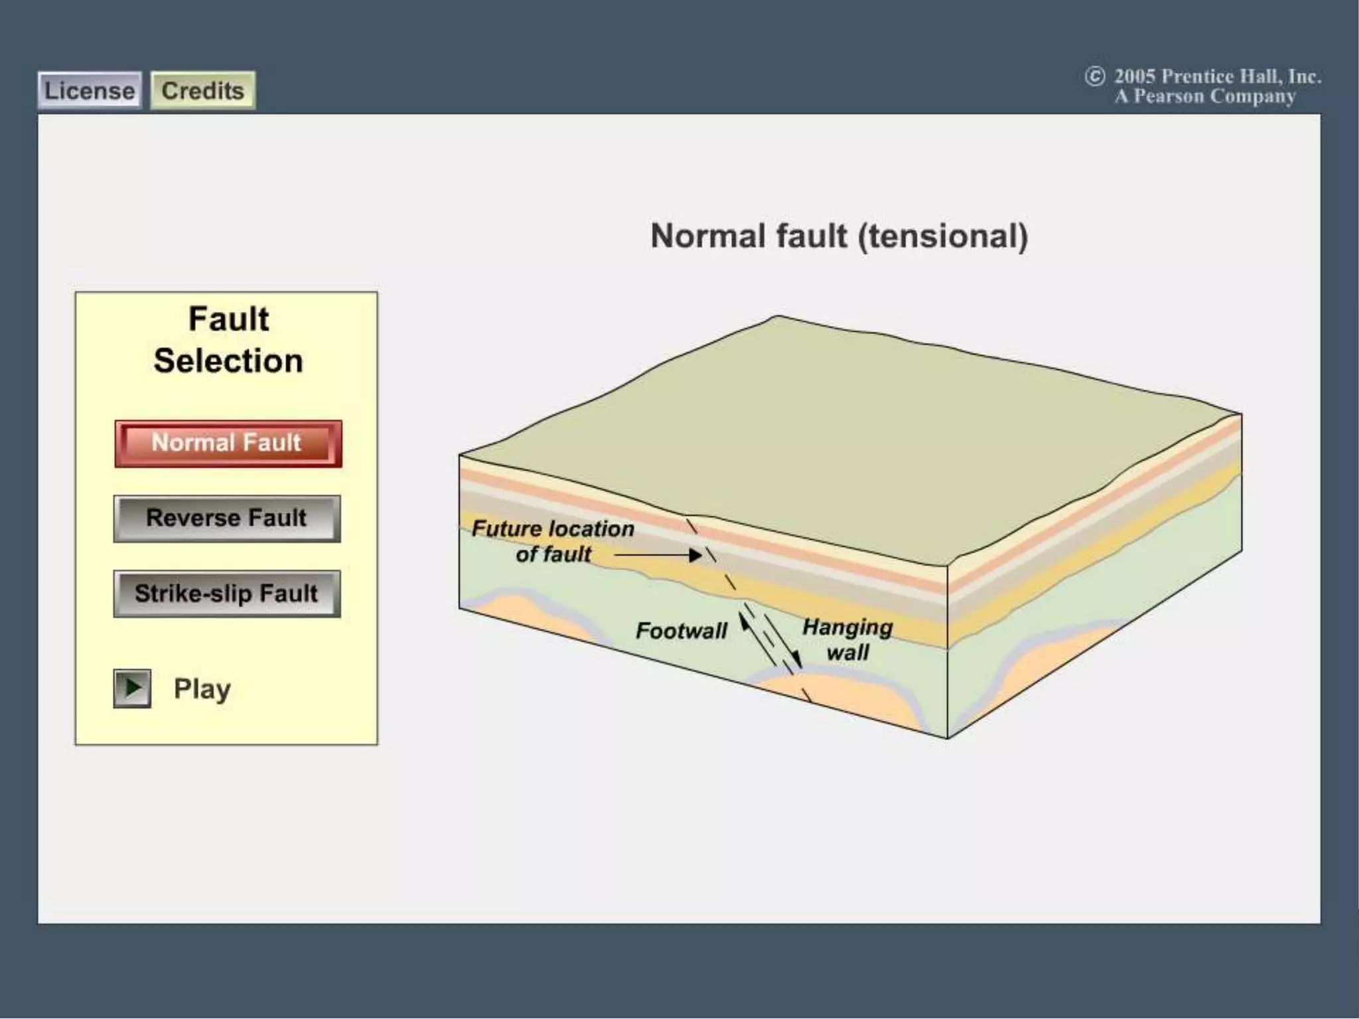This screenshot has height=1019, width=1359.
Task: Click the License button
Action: pyautogui.click(x=90, y=91)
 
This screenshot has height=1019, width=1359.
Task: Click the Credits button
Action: pyautogui.click(x=202, y=91)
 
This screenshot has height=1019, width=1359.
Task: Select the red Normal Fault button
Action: pyautogui.click(x=228, y=443)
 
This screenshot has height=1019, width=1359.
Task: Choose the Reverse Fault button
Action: pyautogui.click(x=227, y=518)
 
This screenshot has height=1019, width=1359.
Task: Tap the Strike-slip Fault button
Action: pyautogui.click(x=227, y=594)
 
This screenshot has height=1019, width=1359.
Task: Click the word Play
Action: pyautogui.click(x=202, y=689)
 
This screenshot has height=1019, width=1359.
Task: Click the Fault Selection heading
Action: pyautogui.click(x=228, y=340)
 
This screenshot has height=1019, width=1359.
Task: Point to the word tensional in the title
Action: pyautogui.click(x=943, y=236)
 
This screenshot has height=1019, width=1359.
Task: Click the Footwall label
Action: pyautogui.click(x=681, y=630)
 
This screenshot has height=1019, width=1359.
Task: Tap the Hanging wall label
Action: pyautogui.click(x=847, y=639)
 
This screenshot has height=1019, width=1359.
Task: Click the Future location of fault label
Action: pyautogui.click(x=552, y=541)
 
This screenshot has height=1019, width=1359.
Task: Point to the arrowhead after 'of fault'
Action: pyautogui.click(x=695, y=555)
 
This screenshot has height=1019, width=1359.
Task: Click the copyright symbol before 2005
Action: pyautogui.click(x=1094, y=77)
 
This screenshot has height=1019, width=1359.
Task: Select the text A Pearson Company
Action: pyautogui.click(x=1204, y=97)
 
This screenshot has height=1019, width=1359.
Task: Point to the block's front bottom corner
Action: pyautogui.click(x=947, y=737)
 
